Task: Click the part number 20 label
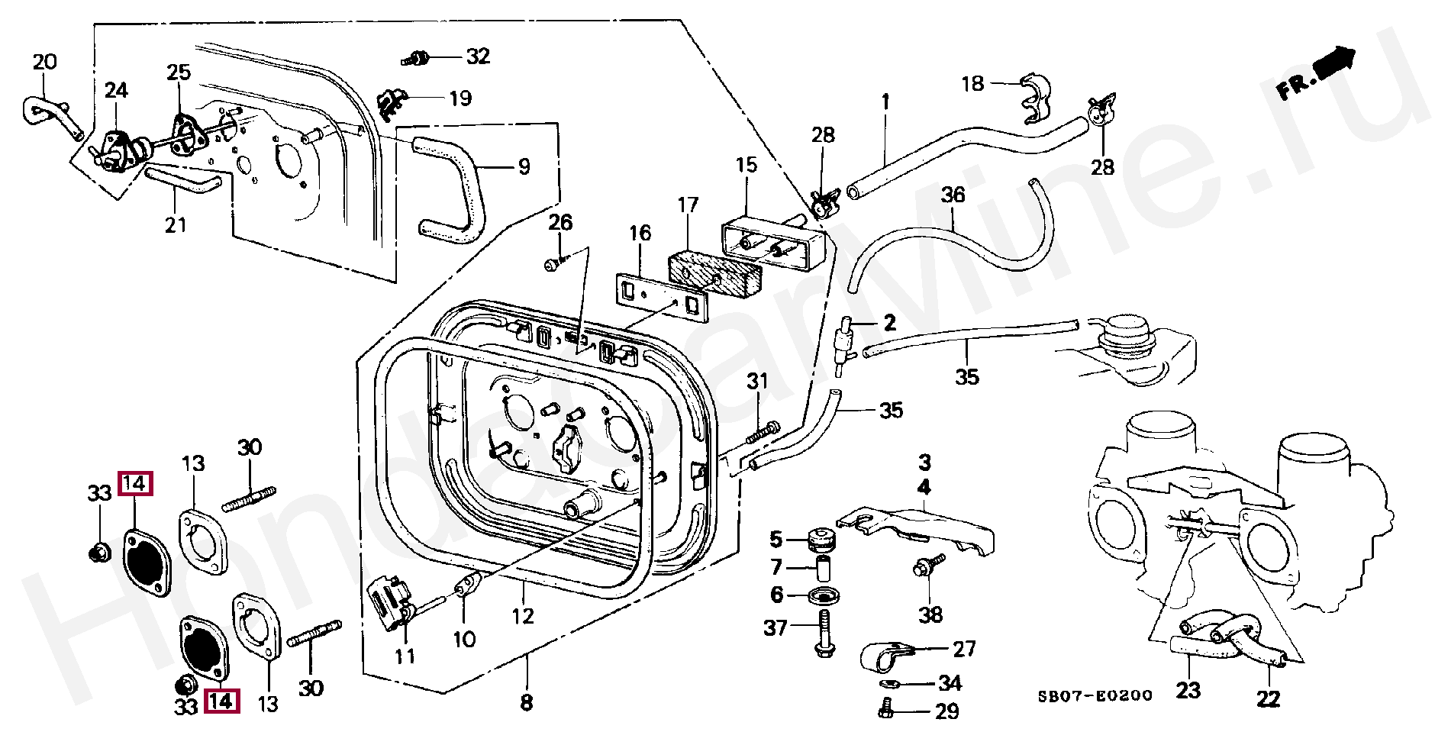pyautogui.click(x=45, y=61)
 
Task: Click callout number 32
pyautogui.click(x=478, y=56)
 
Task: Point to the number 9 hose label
pyautogui.click(x=524, y=166)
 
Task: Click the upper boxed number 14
pyautogui.click(x=135, y=483)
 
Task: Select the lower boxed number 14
pyautogui.click(x=221, y=701)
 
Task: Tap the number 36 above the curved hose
pyautogui.click(x=953, y=195)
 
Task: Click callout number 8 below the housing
pyautogui.click(x=527, y=702)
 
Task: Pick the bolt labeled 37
pyautogui.click(x=824, y=635)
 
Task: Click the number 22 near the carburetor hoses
pyautogui.click(x=1269, y=698)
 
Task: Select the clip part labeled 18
pyautogui.click(x=1035, y=98)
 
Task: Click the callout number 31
pyautogui.click(x=757, y=381)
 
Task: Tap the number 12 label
pyautogui.click(x=523, y=615)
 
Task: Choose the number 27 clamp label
pyautogui.click(x=965, y=649)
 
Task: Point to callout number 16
pyautogui.click(x=640, y=233)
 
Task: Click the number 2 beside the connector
pyautogui.click(x=889, y=323)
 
